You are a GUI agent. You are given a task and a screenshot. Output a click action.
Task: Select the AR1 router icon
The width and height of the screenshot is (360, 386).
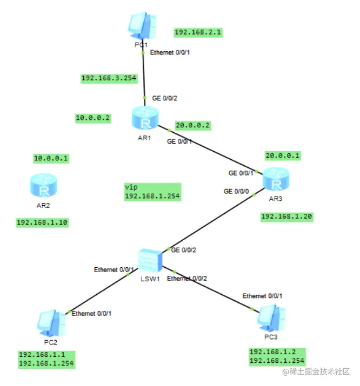145,118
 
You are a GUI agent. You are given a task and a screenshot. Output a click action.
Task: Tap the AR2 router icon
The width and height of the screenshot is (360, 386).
43,187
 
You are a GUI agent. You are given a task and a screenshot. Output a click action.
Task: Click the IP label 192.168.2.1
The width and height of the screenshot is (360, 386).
198,32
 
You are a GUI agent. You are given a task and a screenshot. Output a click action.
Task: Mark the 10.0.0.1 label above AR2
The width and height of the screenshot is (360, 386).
54,158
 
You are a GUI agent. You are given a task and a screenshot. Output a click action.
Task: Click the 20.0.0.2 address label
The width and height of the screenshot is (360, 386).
192,126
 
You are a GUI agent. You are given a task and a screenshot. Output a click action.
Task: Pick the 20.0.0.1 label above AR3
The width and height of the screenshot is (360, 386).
282,155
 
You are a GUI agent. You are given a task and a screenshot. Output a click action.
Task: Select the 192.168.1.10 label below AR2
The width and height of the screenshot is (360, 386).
42,222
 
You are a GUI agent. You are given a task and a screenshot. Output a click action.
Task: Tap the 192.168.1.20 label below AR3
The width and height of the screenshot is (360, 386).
286,216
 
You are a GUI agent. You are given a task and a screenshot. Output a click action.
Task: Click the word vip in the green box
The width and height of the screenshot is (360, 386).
131,187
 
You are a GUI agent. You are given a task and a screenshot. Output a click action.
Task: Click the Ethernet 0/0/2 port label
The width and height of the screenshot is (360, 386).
187,279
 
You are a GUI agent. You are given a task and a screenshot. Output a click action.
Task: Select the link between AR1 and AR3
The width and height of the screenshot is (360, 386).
211,149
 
